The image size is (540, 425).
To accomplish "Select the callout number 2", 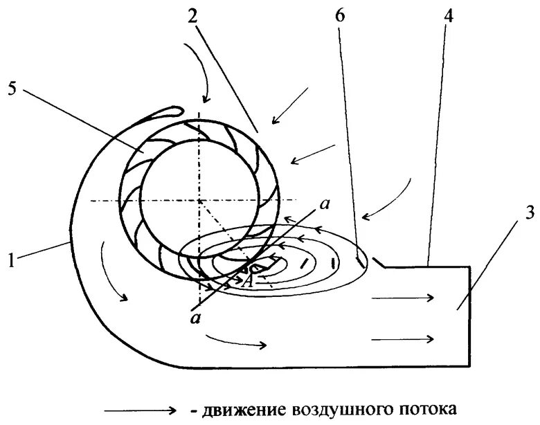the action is click(192, 17).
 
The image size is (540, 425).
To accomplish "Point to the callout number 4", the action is click(449, 17).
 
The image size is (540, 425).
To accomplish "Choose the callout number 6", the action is click(339, 17).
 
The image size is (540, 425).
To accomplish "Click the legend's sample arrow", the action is click(141, 410).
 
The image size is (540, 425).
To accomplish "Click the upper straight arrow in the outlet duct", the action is click(403, 298).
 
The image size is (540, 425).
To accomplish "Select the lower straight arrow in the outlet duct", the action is click(403, 338).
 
